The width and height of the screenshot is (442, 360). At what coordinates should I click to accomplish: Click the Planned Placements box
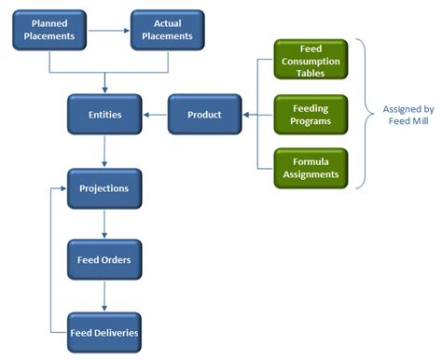coord(49,30)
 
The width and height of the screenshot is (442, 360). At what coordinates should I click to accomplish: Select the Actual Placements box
coord(168,30)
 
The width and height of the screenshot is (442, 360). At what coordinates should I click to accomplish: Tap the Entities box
coord(104,115)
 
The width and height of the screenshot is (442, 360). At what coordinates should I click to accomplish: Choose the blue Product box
coord(204,115)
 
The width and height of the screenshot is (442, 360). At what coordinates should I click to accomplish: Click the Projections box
coord(104,188)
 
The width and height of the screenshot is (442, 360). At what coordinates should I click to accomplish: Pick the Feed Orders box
coord(104,259)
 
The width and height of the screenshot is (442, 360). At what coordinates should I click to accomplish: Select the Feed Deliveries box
coord(104,332)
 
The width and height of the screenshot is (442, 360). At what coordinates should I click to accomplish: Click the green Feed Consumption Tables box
coord(311,59)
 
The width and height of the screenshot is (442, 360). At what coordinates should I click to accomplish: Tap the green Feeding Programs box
coord(311,115)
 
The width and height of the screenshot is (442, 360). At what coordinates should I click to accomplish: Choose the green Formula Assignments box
coord(311,168)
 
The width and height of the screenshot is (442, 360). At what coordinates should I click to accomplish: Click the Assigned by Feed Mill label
coord(407,115)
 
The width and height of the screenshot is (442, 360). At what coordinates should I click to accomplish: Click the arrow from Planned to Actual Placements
coord(108,30)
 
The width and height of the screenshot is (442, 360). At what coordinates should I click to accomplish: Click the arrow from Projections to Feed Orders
coord(104,224)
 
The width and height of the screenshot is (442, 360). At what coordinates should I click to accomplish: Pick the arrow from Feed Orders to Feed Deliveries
coord(104,296)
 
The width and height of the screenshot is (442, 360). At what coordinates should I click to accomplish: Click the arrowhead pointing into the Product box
coord(245,115)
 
